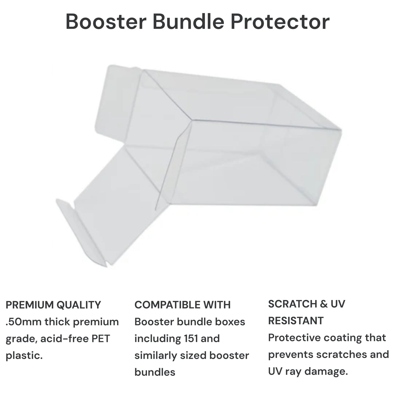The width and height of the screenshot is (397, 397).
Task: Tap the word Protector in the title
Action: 279,22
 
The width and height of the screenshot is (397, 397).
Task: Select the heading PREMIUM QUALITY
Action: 53,305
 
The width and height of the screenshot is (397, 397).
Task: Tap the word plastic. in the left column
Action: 24,356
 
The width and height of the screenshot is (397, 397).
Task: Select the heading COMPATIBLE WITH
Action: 182,305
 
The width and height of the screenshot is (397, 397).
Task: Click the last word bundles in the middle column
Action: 155,372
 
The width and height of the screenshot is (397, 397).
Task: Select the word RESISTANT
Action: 296,321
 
